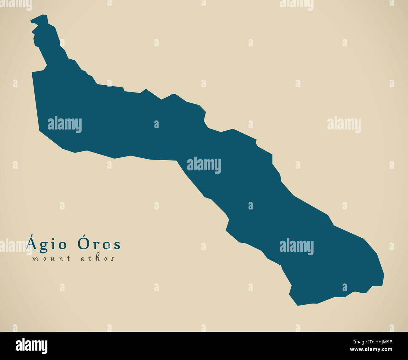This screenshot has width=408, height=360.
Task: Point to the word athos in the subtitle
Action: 98,258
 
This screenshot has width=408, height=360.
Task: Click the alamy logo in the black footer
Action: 32,346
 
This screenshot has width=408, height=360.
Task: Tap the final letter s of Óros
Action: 117,245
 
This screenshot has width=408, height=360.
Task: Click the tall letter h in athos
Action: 98,258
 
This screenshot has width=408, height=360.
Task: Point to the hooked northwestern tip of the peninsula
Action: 32,21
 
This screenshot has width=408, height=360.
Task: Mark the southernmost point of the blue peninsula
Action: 298,305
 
